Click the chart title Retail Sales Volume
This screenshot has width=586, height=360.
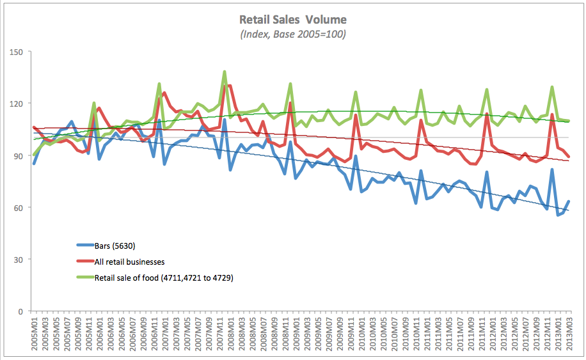tap(293, 20)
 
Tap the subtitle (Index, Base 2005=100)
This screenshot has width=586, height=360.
tap(293, 35)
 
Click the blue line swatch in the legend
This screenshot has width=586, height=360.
tap(84, 245)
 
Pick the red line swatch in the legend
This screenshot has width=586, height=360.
tap(84, 262)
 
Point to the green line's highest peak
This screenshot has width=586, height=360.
tap(225, 72)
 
